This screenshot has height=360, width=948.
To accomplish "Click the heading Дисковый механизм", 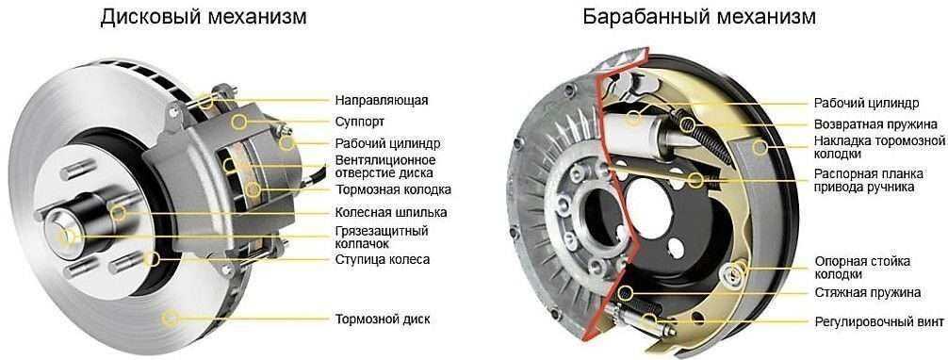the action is pos(204,17).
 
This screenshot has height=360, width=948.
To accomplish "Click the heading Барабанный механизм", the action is pos(699,17).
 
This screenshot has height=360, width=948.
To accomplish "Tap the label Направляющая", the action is pos(382,100).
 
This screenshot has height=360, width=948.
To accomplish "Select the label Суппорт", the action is pos(359,123).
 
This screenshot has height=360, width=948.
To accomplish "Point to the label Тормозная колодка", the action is pos(393,190).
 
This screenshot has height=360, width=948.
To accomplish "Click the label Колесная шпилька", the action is pos(390,212).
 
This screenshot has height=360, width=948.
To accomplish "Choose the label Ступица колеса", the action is pos(382,259).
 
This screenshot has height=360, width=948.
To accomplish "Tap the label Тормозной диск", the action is pos(382,319).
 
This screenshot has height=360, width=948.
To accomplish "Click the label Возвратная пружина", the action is pos(875,124).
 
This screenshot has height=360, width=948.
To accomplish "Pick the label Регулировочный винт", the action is pos(878,320).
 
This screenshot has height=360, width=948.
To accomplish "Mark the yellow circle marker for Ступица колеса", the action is pos(153,259).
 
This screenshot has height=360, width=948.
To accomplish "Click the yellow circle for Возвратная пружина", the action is pos(687,124).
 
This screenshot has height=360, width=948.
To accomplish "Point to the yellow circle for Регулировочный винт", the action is pos(650,320).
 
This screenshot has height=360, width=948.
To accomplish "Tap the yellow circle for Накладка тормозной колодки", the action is pos(759,146).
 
